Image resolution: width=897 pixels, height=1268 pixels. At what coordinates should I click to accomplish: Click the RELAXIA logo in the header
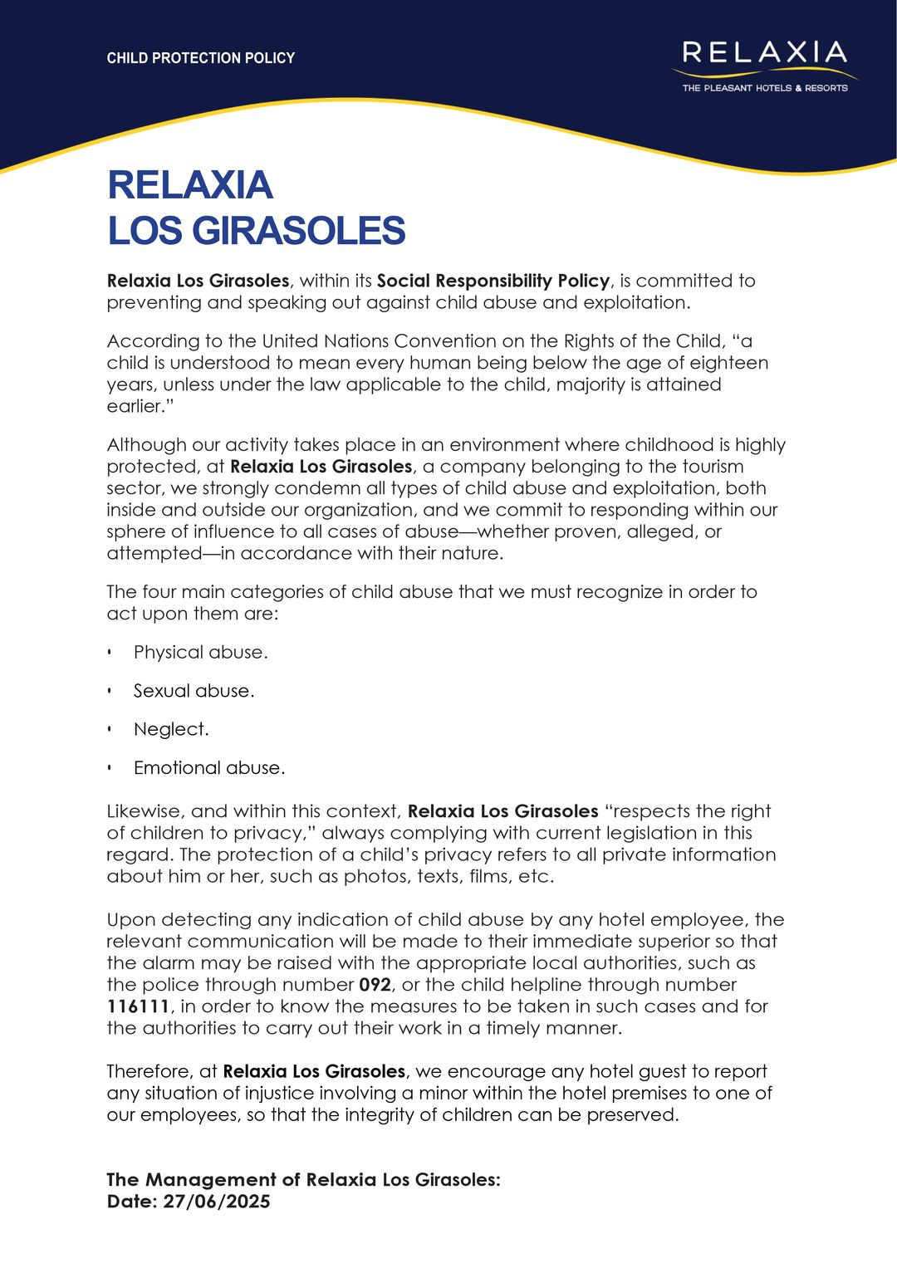tap(764, 53)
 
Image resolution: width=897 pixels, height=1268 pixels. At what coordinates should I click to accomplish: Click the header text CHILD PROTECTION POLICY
tap(201, 58)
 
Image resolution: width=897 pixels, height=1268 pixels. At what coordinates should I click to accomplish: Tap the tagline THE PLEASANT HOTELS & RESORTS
tap(765, 88)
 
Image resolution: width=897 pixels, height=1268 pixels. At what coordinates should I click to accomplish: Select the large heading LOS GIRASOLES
tap(256, 231)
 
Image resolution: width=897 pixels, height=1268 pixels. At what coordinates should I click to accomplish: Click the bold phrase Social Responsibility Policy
tap(493, 281)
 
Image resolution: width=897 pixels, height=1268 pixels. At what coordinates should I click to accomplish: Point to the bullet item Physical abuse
tap(200, 653)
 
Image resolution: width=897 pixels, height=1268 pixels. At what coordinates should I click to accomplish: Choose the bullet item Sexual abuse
tap(194, 691)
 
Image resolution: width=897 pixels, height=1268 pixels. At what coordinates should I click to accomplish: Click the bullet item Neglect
tap(171, 729)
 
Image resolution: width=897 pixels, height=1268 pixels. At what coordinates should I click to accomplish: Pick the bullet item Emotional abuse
tap(208, 768)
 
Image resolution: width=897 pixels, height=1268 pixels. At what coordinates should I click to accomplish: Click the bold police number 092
tap(375, 985)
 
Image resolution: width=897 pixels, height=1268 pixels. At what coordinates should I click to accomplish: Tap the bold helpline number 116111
tap(138, 1006)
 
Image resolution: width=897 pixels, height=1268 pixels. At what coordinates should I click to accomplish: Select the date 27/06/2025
tap(217, 1202)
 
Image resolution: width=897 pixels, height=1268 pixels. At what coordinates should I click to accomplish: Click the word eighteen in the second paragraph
tap(725, 363)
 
